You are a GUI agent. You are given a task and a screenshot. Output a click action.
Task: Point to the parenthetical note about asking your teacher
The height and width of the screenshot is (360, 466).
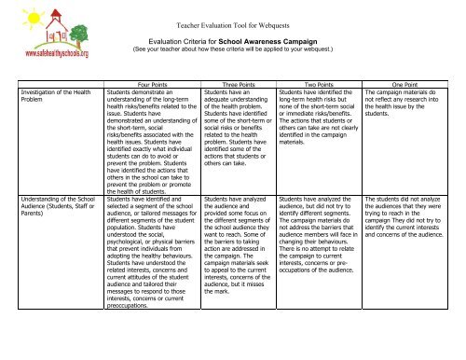234,39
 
